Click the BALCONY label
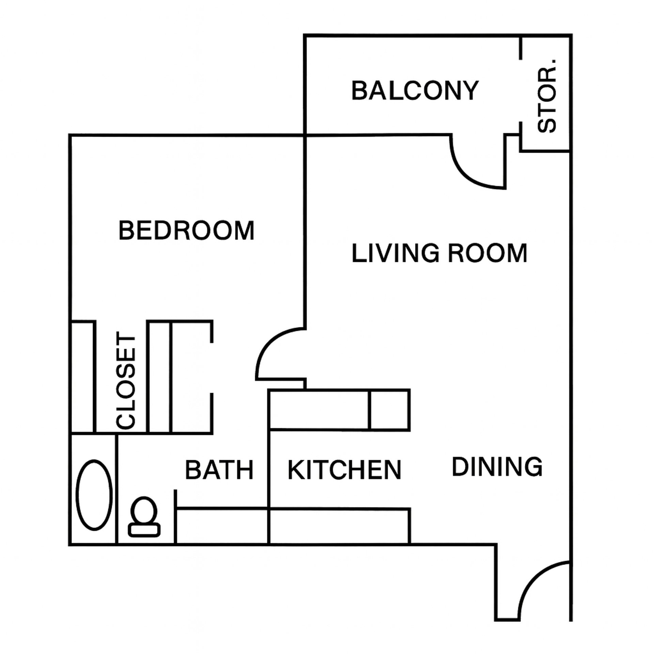[x=415, y=91]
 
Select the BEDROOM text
[x=186, y=231]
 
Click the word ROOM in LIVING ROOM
[x=487, y=253]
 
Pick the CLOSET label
[x=126, y=380]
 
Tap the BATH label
[x=219, y=470]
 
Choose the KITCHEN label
[x=344, y=470]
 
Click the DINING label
[x=497, y=467]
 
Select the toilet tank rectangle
[x=144, y=530]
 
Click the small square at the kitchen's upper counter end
[x=389, y=410]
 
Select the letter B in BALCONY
[x=359, y=91]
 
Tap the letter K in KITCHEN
[x=295, y=470]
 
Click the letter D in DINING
[x=460, y=467]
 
